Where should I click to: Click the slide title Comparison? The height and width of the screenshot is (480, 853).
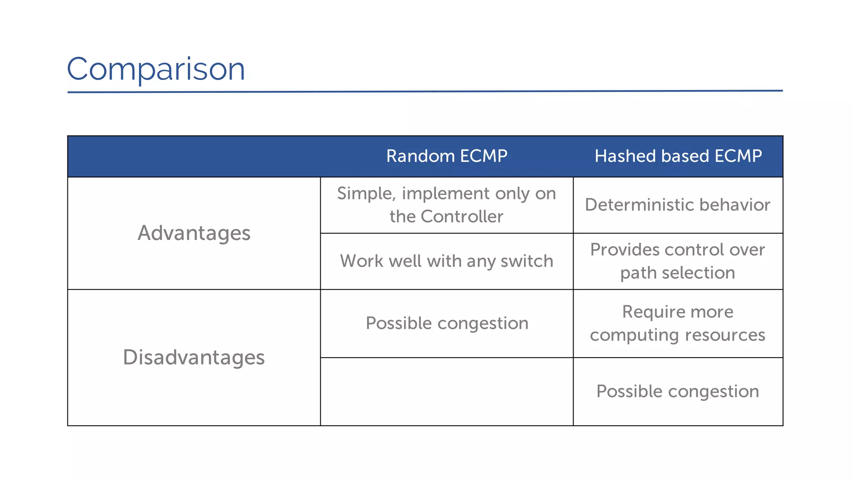pos(156,69)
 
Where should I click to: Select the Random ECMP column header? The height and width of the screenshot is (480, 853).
pos(446,156)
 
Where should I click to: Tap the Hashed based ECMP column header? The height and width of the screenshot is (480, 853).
pos(678,156)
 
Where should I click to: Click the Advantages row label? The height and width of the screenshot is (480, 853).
pos(194,233)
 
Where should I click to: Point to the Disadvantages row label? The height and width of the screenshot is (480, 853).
pos(194,357)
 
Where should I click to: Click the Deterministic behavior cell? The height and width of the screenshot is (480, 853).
pos(677,205)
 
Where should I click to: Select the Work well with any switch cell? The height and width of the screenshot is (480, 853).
pos(446,261)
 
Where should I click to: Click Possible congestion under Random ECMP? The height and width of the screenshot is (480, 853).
pos(446,323)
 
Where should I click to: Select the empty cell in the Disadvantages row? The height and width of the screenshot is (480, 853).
pos(446,392)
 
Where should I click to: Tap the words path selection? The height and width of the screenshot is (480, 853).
pos(677,273)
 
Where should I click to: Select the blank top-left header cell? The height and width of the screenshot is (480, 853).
pos(194,156)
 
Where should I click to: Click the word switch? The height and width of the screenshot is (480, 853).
pos(526,261)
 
